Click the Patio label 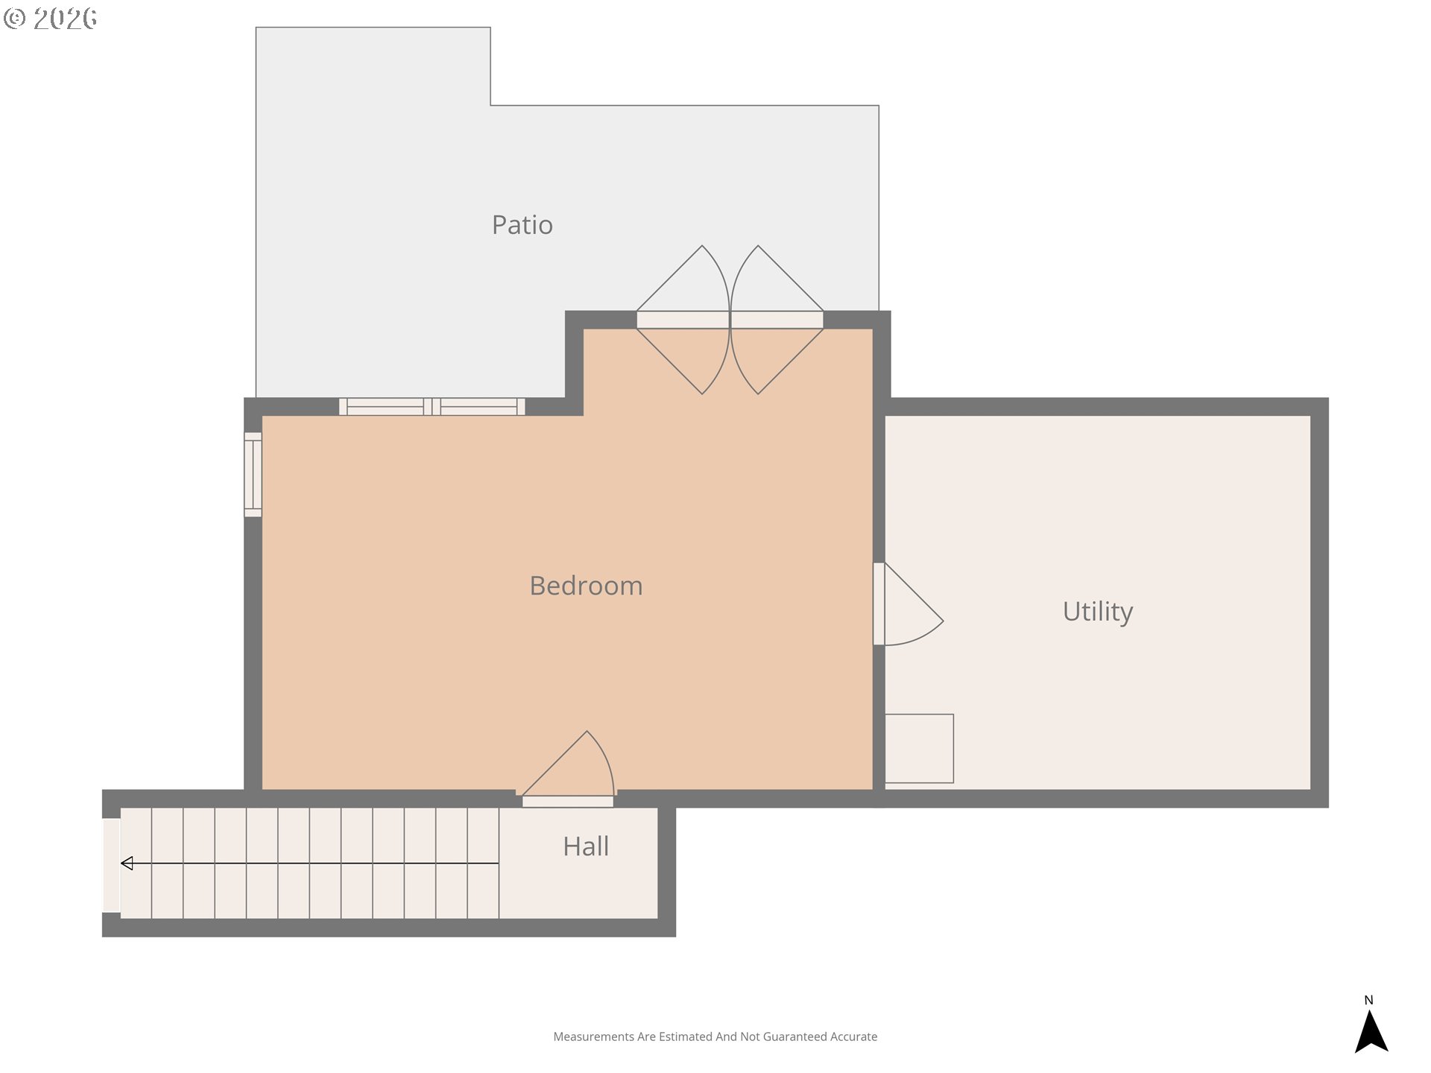[x=522, y=225]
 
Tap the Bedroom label [x=586, y=586]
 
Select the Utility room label [x=1098, y=612]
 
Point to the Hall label [x=586, y=846]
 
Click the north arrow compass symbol [x=1371, y=1031]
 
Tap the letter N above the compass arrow [x=1368, y=1000]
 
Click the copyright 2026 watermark [x=50, y=18]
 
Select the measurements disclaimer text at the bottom [x=715, y=1036]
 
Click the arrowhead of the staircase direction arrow [x=127, y=864]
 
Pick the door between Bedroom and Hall [x=568, y=767]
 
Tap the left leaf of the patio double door [x=683, y=320]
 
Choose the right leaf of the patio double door [x=777, y=320]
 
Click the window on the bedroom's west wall [x=253, y=475]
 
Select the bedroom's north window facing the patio [x=432, y=407]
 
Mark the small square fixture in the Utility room [x=919, y=749]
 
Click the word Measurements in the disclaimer [x=593, y=1036]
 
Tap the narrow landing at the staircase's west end [x=111, y=865]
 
